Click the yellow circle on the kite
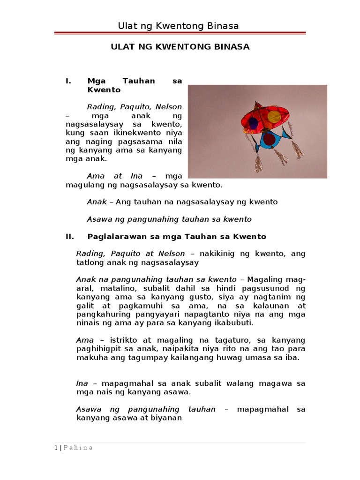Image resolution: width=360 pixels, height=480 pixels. (x=274, y=116)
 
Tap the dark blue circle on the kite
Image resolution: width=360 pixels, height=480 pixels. (x=253, y=123)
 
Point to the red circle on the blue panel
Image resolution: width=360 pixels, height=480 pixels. (x=269, y=139)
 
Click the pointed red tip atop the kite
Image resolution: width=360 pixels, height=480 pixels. (x=256, y=104)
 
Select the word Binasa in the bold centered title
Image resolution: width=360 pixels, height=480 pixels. (x=232, y=47)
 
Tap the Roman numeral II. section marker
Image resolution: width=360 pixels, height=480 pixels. (x=70, y=237)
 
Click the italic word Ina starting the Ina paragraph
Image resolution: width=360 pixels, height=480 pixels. (x=82, y=383)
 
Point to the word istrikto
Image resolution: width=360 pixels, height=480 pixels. (x=124, y=340)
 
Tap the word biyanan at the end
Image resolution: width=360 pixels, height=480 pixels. (x=165, y=418)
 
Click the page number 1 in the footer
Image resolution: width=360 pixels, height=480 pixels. (x=55, y=448)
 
